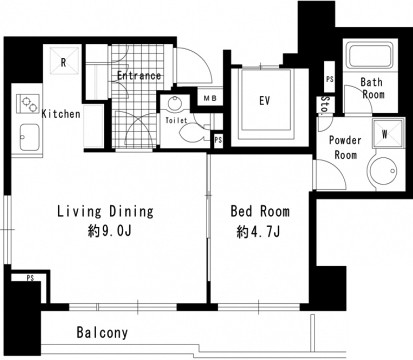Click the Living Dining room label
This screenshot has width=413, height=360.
[x=105, y=212]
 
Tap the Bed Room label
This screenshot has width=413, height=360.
[x=260, y=211]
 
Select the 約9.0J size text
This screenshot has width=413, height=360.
[x=109, y=231]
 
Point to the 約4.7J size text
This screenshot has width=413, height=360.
[x=258, y=232]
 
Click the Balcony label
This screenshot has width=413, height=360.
[x=102, y=332]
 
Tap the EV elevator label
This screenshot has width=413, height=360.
[x=265, y=101]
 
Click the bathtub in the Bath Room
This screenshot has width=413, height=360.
[x=369, y=55]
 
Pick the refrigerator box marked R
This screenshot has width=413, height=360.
[x=65, y=61]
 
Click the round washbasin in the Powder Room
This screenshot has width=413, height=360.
[x=383, y=170]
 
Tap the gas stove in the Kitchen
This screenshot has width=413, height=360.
[x=28, y=104]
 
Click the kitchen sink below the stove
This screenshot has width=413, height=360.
[x=30, y=137]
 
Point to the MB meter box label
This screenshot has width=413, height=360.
[x=210, y=98]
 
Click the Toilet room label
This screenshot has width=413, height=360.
[x=176, y=120]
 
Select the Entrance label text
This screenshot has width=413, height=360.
[x=139, y=76]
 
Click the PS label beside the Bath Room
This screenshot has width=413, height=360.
[x=330, y=80]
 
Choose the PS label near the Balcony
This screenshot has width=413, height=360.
[x=30, y=278]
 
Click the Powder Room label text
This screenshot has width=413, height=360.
[x=345, y=147]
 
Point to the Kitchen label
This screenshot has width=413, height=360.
[x=61, y=114]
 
